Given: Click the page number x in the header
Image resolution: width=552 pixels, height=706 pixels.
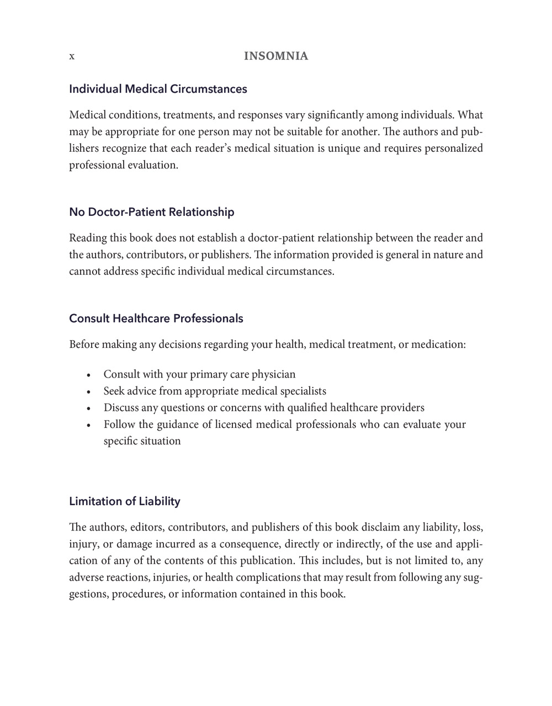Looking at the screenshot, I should [72, 56].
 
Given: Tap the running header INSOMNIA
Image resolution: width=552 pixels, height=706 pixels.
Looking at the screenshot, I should [276, 56].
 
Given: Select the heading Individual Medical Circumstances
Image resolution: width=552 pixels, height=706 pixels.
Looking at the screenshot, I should [158, 89].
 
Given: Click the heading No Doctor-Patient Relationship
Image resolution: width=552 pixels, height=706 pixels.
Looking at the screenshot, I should [152, 212].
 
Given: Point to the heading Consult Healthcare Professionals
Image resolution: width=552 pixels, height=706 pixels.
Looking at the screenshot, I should [156, 319].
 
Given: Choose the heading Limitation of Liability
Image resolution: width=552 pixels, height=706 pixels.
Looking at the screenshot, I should [125, 501].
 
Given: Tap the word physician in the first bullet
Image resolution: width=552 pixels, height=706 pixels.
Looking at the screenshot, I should [274, 375].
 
